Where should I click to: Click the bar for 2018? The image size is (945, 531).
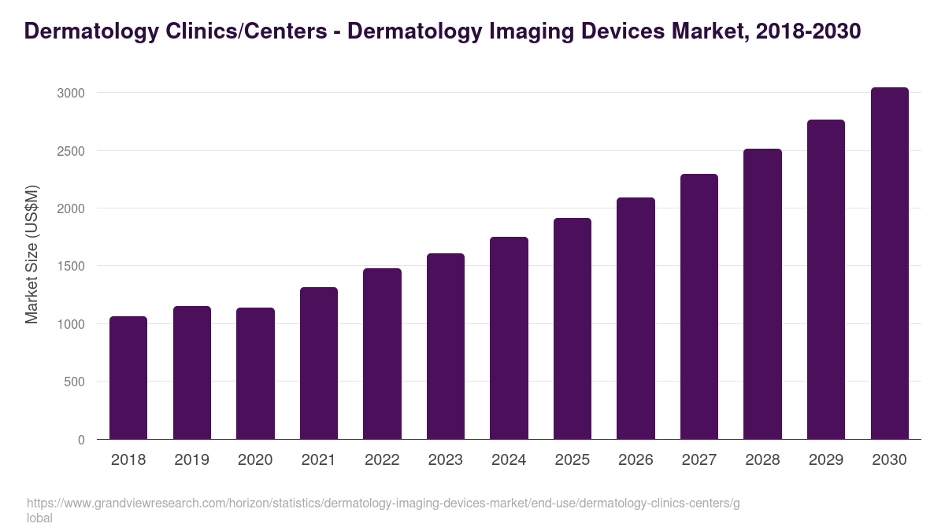(128, 378)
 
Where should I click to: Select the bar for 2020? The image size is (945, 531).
(255, 374)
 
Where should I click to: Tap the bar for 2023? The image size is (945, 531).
(445, 346)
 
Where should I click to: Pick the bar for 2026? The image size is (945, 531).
(636, 319)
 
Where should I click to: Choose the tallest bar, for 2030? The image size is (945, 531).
(889, 264)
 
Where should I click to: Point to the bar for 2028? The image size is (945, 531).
(762, 294)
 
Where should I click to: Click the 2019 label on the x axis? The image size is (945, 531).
(191, 460)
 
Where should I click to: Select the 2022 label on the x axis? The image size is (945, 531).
(382, 460)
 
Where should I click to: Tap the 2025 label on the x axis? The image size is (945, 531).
(572, 460)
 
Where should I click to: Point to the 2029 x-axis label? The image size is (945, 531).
(825, 460)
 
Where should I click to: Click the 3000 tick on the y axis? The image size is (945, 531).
(70, 93)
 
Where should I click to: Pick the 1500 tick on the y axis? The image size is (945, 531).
(70, 267)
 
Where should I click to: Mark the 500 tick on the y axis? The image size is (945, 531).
(74, 382)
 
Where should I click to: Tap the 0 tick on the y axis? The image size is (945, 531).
(81, 440)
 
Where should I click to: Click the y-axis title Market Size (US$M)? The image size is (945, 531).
(31, 255)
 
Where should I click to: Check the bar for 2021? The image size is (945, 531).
(318, 363)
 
